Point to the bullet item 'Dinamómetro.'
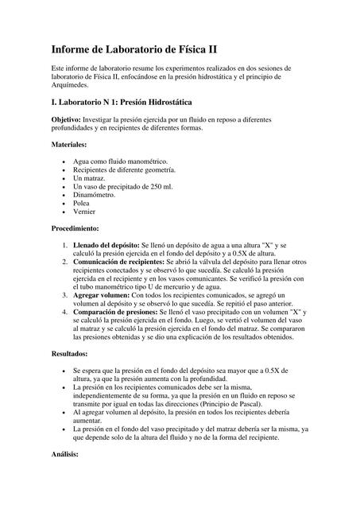[99, 195]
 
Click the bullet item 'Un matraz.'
[93, 178]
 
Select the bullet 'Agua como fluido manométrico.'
[120, 161]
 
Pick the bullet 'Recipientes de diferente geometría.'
[124, 169]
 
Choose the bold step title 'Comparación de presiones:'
[115, 313]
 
